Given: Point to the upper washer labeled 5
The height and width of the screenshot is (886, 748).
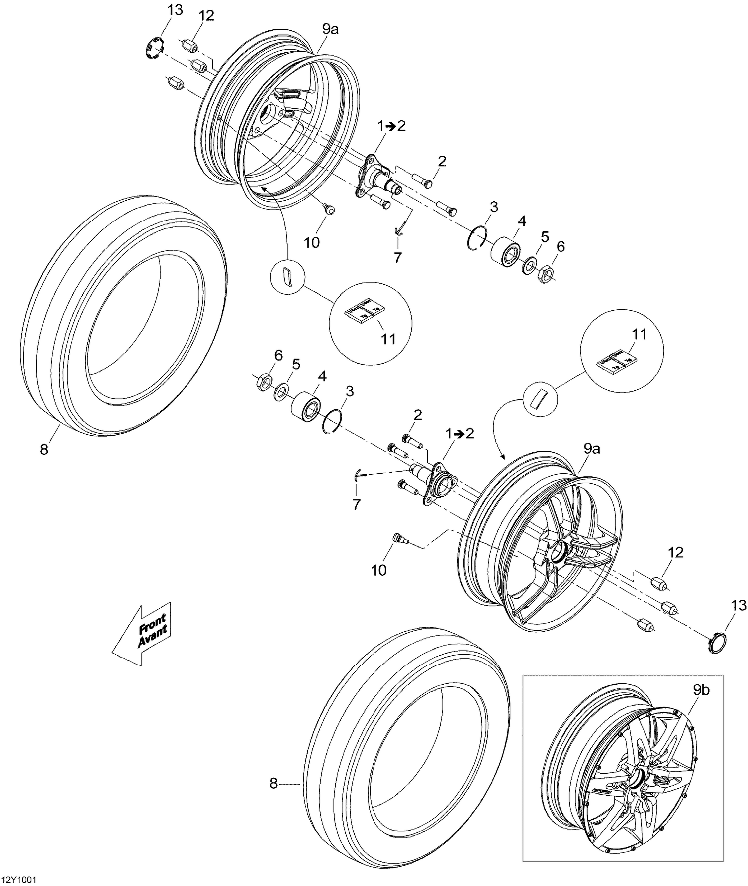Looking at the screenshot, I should click(529, 265).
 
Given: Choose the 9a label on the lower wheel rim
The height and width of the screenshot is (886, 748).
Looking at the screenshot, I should click(592, 449).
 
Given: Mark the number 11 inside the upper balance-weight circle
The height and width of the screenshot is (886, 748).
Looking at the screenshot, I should click(388, 339).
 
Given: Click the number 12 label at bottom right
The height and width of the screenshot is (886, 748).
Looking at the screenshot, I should click(676, 552).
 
